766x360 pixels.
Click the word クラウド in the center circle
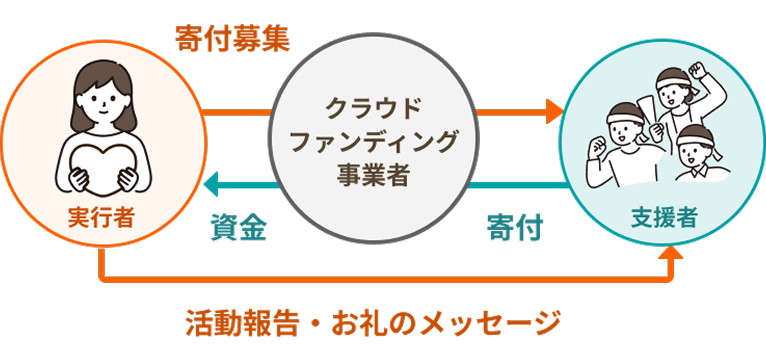pos(373,107)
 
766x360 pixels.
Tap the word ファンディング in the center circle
pos(373,140)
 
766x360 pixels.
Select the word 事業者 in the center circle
pos(373,174)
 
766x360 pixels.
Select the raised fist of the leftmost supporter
pos(597,146)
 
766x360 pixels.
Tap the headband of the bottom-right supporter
pos(695,136)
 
